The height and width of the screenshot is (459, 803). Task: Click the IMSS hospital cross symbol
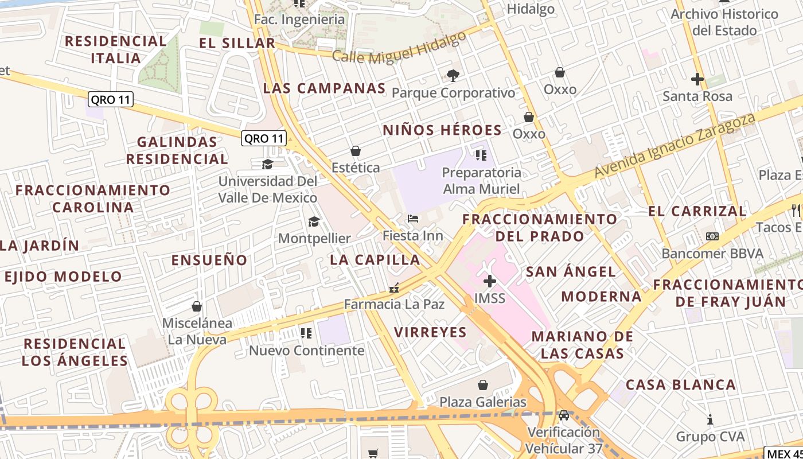pyautogui.click(x=489, y=281)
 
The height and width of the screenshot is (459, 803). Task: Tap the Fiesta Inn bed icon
pyautogui.click(x=412, y=219)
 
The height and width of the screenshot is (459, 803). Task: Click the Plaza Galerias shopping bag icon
pyautogui.click(x=483, y=384)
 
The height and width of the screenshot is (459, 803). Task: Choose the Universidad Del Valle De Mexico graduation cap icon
pyautogui.click(x=267, y=165)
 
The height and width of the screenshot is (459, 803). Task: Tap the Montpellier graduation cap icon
pyautogui.click(x=314, y=221)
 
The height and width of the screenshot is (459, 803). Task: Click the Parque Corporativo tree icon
pyautogui.click(x=453, y=75)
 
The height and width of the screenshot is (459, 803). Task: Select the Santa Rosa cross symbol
pyautogui.click(x=697, y=79)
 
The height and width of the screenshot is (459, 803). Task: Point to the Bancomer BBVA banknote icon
pyautogui.click(x=712, y=236)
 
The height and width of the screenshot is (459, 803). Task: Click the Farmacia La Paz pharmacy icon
pyautogui.click(x=394, y=288)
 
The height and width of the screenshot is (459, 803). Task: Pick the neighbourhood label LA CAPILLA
pyautogui.click(x=375, y=260)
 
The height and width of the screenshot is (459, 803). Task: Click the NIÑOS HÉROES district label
pyautogui.click(x=442, y=130)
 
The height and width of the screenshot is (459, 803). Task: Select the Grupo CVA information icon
pyautogui.click(x=710, y=419)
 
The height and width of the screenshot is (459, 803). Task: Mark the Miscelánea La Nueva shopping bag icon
pyautogui.click(x=197, y=306)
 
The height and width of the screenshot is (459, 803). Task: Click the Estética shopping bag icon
pyautogui.click(x=356, y=151)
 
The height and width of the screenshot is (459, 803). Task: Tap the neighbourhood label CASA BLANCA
pyautogui.click(x=680, y=385)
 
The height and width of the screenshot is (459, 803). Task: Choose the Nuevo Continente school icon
pyautogui.click(x=306, y=333)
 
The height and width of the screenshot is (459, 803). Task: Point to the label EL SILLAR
pyautogui.click(x=237, y=43)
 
